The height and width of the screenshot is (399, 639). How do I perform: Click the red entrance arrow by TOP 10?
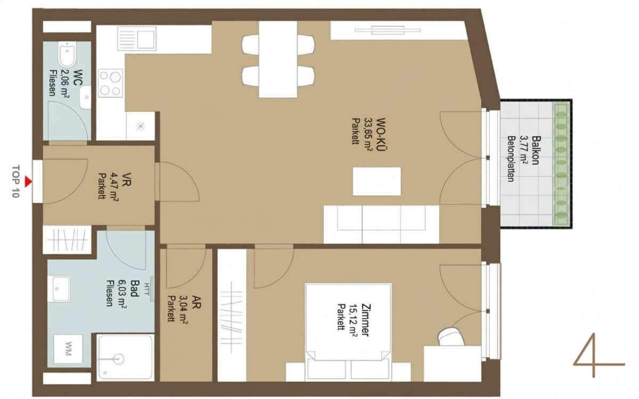[x=28, y=182]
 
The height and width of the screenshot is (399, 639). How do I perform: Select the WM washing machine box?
[x=68, y=349]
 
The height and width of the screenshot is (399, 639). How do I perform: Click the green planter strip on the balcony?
[x=561, y=164]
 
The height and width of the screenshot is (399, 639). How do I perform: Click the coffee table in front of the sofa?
[x=376, y=181]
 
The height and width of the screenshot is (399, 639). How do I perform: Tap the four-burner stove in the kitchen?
[x=110, y=83]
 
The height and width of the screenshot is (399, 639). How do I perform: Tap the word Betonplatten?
[x=511, y=159]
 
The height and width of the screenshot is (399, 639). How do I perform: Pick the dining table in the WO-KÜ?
[x=277, y=59]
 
